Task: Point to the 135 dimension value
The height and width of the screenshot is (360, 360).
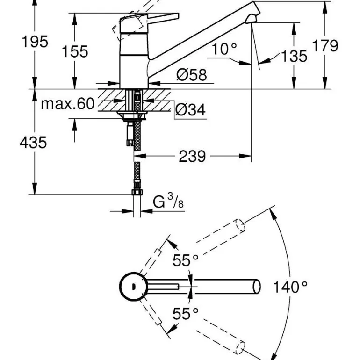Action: point(294,56)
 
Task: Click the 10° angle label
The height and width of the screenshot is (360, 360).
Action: point(224,48)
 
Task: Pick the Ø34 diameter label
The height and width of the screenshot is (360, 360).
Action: point(190,110)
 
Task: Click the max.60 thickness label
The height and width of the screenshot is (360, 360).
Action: point(68,103)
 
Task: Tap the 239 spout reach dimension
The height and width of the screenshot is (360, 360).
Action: point(192,156)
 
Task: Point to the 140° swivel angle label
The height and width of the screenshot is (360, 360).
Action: point(291,287)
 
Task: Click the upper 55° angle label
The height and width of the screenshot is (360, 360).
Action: point(186,260)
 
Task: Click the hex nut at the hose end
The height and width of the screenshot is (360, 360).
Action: point(136,194)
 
